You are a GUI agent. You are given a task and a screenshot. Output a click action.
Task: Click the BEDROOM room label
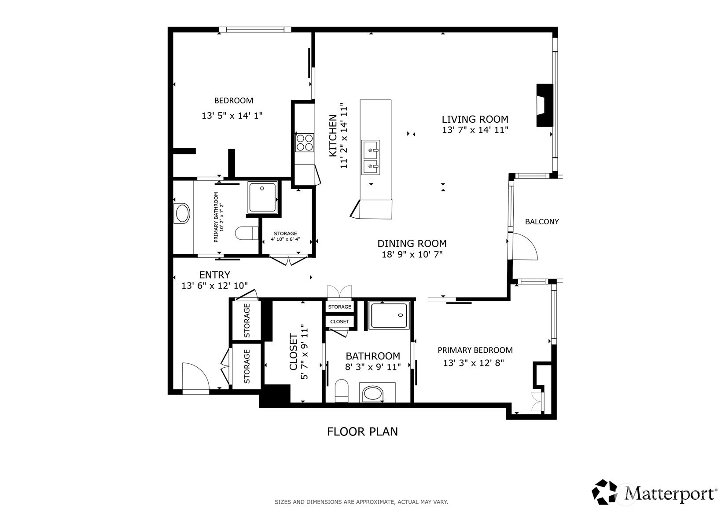point(234,101)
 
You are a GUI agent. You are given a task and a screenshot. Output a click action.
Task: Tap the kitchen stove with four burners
point(305,143)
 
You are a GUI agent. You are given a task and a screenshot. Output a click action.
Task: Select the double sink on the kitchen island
point(371,157)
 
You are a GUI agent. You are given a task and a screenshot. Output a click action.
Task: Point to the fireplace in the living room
point(545,105)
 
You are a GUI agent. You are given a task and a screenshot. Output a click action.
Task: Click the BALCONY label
point(542,222)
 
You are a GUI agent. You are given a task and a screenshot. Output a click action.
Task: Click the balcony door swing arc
point(525,246)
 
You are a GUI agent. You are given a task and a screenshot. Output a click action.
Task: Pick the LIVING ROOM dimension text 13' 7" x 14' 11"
point(475,130)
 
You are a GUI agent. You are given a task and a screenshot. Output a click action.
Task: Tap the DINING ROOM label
point(412,244)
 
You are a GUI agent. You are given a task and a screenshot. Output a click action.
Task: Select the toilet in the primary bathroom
point(247,233)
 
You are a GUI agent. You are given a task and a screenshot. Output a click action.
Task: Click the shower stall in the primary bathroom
point(262,197)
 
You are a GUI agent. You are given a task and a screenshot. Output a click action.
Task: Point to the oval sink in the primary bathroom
point(182,213)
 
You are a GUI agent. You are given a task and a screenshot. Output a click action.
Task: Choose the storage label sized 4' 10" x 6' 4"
point(286,237)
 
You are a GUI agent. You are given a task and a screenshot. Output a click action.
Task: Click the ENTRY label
point(214,275)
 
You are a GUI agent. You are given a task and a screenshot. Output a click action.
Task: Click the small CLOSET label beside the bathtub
point(339,322)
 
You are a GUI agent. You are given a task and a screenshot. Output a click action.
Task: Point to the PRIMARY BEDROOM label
point(475,350)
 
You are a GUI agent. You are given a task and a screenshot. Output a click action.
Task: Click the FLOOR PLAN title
point(363,432)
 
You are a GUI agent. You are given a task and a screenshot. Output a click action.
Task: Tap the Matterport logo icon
point(604,492)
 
